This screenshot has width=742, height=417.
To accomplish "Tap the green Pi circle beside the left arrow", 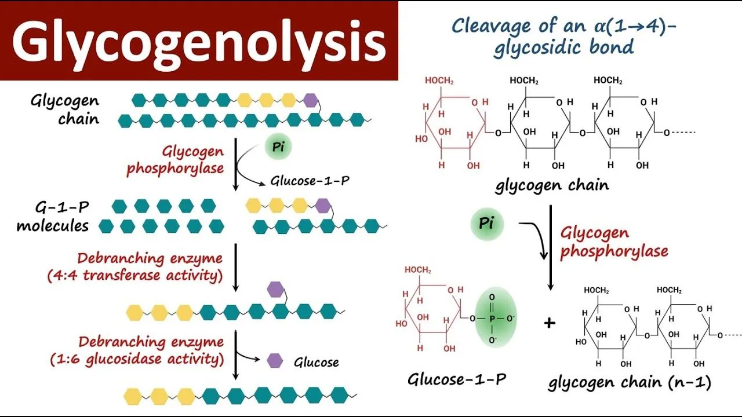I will click(278, 147).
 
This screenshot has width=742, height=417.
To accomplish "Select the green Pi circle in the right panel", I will click(486, 224).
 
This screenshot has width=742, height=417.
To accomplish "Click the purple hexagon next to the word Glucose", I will click(275, 361).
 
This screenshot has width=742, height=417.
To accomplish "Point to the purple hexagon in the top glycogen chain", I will click(311, 100).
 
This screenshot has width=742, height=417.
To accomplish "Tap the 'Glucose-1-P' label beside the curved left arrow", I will click(310, 181).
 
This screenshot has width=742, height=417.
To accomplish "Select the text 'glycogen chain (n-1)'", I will click(630, 382).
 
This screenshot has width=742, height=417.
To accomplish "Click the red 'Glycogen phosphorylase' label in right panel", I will click(613, 242).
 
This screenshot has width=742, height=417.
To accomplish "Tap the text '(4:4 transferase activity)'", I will click(135, 275).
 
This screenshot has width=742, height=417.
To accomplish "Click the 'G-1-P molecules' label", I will click(52, 216).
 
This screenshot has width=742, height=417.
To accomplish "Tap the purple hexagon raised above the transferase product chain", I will click(275, 288).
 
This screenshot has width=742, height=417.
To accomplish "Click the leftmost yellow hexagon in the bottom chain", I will click(133, 396).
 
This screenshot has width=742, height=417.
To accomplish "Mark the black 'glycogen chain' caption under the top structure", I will click(552, 186).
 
